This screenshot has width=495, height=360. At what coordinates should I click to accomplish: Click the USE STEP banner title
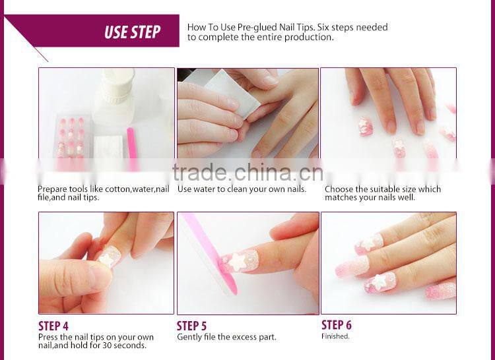pyautogui.click(x=132, y=32)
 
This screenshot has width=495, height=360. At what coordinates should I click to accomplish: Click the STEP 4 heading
pyautogui.click(x=53, y=326)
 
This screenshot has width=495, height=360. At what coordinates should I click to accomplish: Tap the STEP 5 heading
pyautogui.click(x=191, y=326)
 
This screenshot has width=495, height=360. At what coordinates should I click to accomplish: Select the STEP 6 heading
pyautogui.click(x=336, y=324)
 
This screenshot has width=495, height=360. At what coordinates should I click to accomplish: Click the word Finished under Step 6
pyautogui.click(x=335, y=336)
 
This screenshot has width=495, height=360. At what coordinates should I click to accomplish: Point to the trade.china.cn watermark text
pyautogui.click(x=247, y=172)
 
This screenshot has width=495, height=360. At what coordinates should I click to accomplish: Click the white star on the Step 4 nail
pyautogui.click(x=106, y=258)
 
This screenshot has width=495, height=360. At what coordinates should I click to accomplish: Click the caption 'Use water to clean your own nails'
pyautogui.click(x=242, y=189)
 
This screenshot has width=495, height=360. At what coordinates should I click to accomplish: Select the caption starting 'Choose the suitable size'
pyautogui.click(x=383, y=193)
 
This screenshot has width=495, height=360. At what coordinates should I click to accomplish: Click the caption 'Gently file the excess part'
pyautogui.click(x=226, y=337)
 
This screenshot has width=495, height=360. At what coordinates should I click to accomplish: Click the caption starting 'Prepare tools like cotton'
pyautogui.click(x=103, y=193)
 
